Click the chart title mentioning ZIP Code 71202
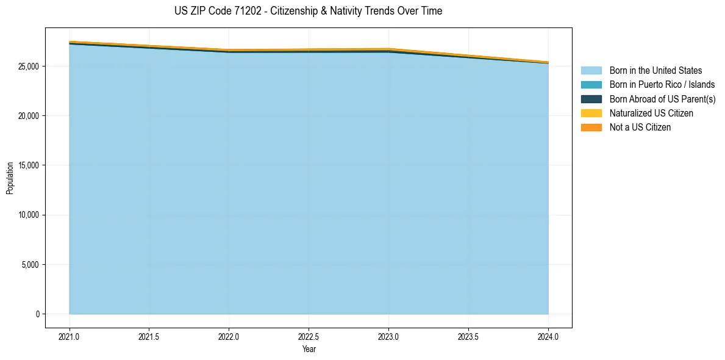point(309,11)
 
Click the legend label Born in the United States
point(655,71)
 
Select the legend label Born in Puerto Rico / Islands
point(662,85)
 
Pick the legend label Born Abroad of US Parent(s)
point(662,99)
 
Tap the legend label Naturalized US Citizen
point(651,113)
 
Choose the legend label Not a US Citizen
point(640,128)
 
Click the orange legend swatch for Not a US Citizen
point(591,128)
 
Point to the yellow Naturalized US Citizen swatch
point(591,113)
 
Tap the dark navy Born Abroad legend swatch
point(591,99)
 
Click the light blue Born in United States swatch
point(591,71)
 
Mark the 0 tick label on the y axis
point(37,314)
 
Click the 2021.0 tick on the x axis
point(70,336)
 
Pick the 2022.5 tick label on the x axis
point(309,336)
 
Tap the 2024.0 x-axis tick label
point(548,336)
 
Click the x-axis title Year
point(309,349)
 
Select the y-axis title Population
point(10,178)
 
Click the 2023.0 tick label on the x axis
point(388,336)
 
